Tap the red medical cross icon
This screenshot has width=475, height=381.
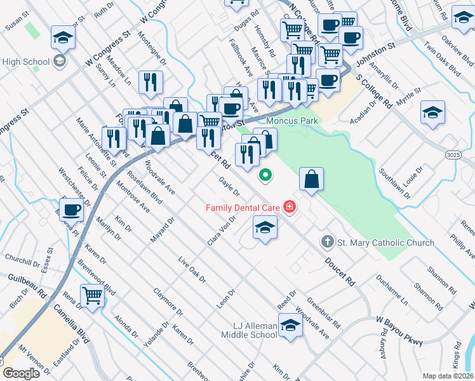290,207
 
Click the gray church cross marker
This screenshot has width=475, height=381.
327,242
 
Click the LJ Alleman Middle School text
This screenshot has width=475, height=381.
249,330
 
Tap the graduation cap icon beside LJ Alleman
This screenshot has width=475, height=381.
290,326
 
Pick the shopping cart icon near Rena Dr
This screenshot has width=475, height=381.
93,295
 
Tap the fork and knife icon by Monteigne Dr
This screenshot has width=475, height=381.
151,82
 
